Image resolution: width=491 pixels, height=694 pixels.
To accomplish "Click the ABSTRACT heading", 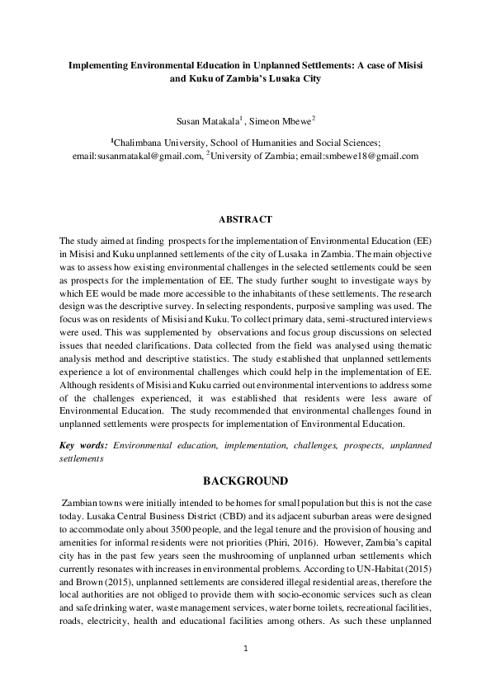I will [245, 220].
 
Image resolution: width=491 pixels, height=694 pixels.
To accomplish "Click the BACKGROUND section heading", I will [245, 481].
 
